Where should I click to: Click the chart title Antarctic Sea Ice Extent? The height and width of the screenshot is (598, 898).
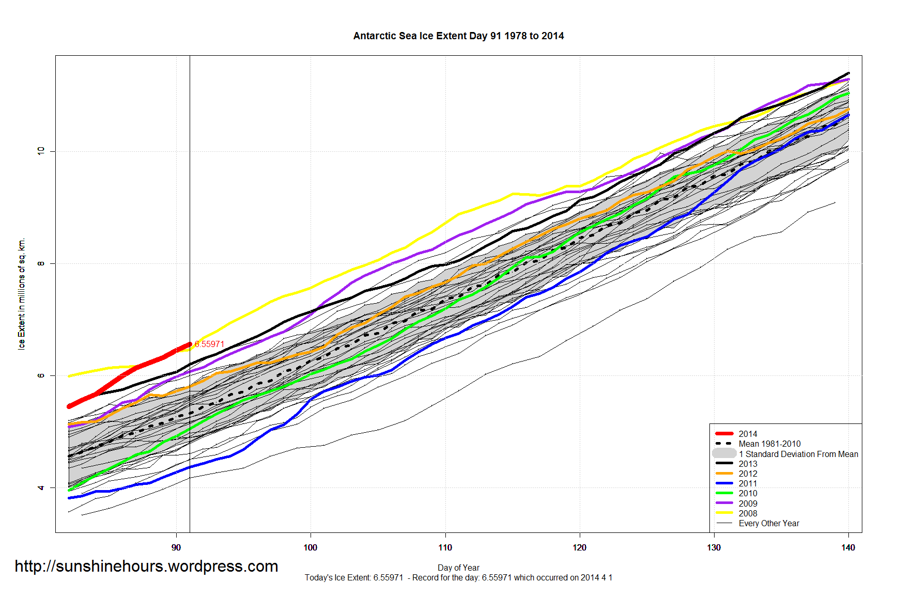[x=458, y=36]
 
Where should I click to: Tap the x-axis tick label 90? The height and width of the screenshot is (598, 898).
[x=176, y=547]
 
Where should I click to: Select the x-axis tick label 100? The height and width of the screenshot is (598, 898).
[x=311, y=547]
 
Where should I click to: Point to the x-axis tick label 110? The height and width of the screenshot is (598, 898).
[x=445, y=547]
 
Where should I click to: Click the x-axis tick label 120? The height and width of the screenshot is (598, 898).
[x=580, y=547]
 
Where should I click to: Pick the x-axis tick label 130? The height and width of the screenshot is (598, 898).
[x=714, y=547]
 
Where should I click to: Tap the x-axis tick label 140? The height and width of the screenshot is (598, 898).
[x=848, y=547]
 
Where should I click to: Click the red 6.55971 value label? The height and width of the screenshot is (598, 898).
[x=209, y=344]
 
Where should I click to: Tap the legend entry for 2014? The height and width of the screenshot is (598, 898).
[x=748, y=434]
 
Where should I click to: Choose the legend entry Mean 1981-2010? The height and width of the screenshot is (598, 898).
[x=769, y=444]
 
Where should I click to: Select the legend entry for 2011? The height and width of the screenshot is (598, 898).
[x=748, y=483]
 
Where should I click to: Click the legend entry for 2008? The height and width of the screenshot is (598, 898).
[x=748, y=513]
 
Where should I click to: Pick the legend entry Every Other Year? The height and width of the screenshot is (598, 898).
[x=769, y=523]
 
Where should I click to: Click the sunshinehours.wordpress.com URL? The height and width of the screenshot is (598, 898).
[x=146, y=566]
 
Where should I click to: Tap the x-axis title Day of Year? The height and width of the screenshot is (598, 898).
[x=458, y=568]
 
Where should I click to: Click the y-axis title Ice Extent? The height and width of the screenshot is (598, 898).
[x=21, y=294]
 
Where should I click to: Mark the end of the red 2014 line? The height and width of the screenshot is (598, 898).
[x=190, y=344]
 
